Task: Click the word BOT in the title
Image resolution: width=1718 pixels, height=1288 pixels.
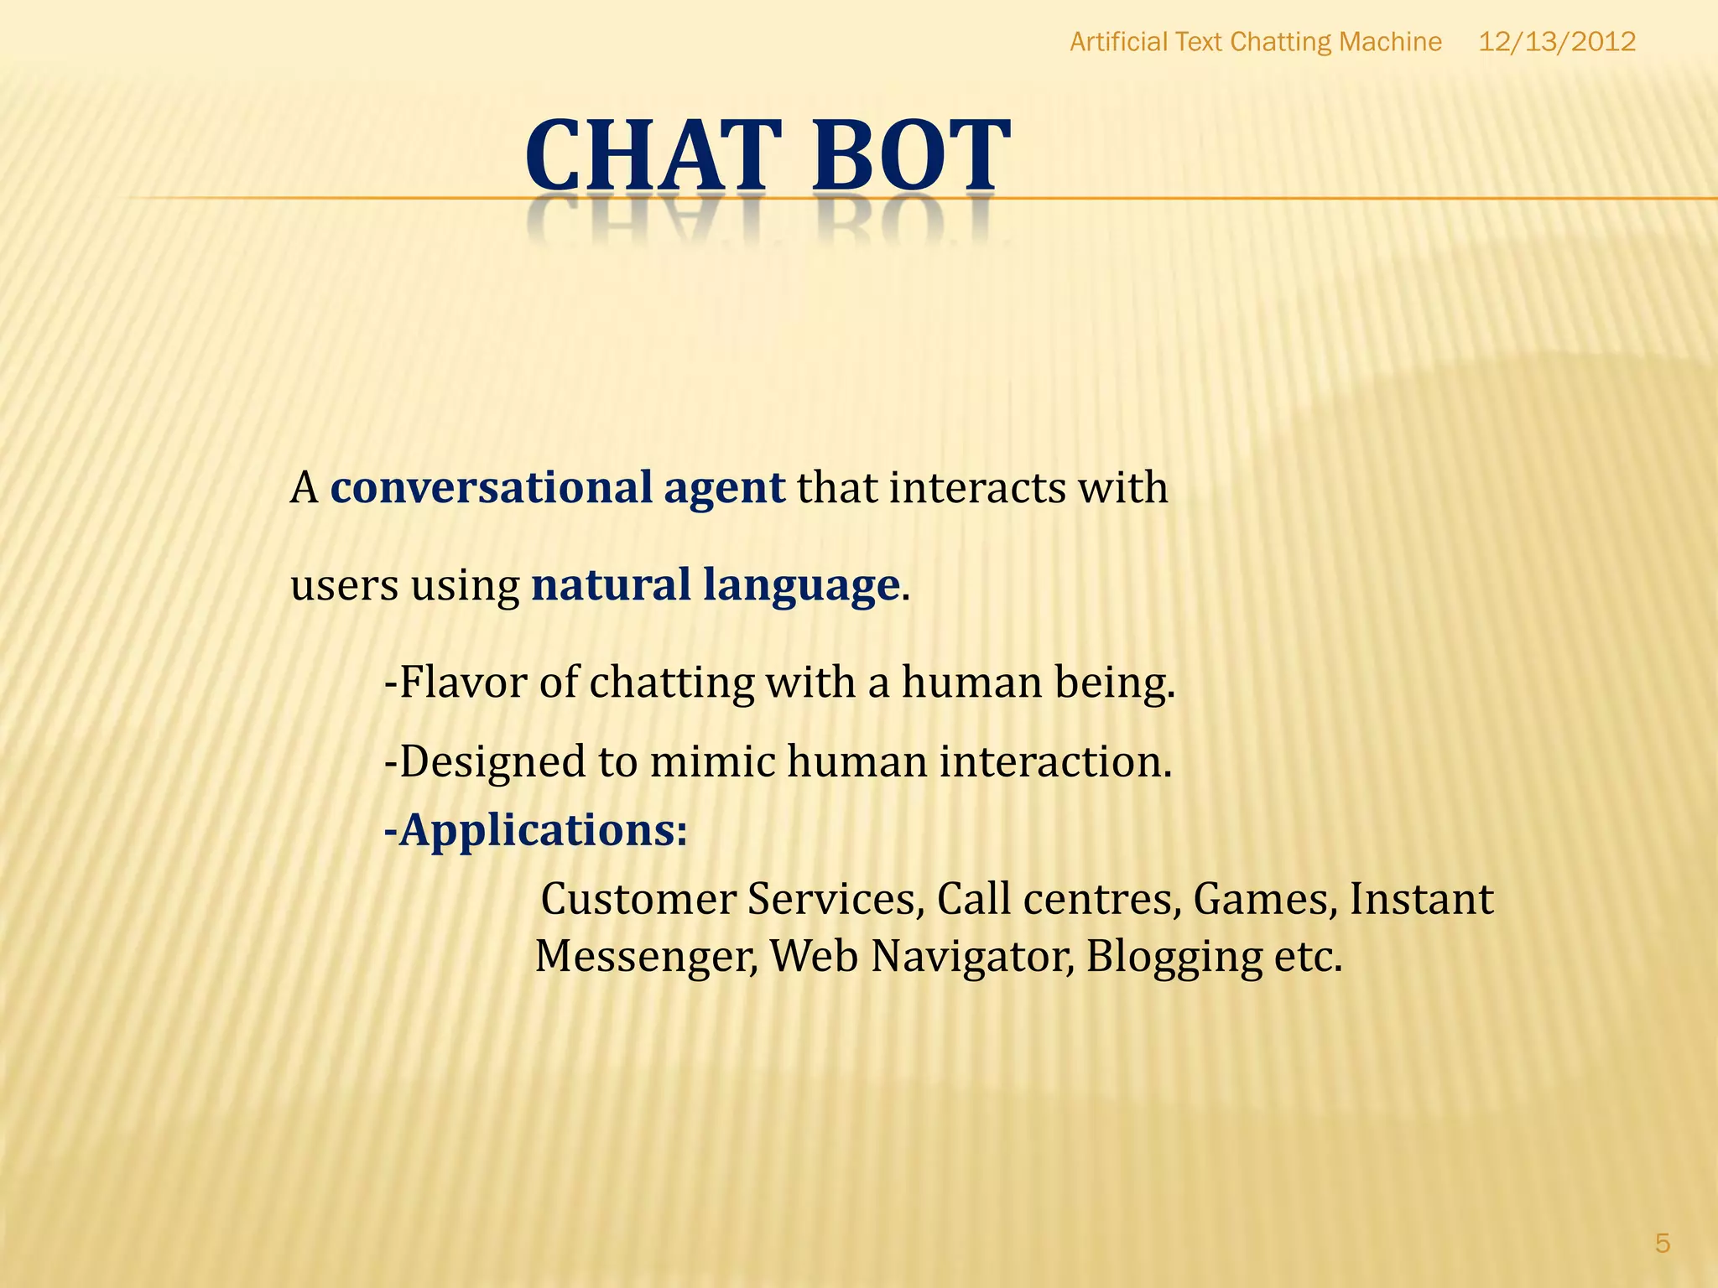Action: coord(910,156)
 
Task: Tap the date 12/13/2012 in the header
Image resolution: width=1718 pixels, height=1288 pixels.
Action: coord(1556,42)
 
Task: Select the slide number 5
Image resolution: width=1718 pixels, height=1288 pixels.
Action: coord(1662,1244)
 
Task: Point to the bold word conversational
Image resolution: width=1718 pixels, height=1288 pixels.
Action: coord(491,488)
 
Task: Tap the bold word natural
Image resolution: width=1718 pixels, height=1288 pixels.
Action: coord(611,584)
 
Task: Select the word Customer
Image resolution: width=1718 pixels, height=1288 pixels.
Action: coord(638,899)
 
